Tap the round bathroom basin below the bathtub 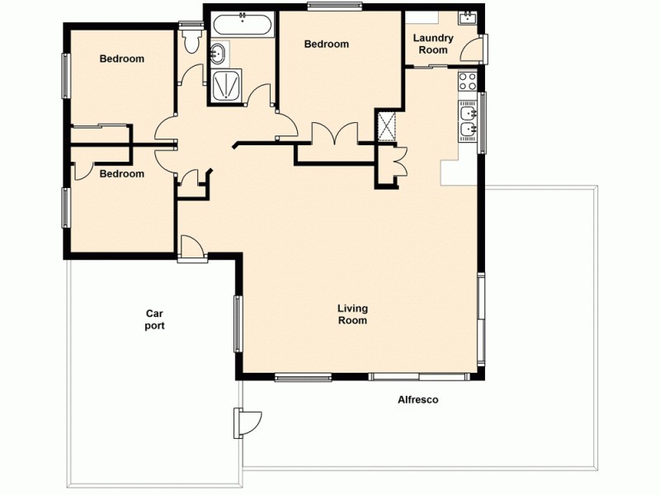(219, 54)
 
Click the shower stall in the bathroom (228, 86)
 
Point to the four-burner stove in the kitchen (468, 82)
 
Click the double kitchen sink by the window (467, 120)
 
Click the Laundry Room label (433, 44)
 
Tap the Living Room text (352, 314)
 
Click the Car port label (154, 319)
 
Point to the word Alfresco (417, 400)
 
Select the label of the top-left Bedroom (122, 59)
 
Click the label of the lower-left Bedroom (122, 174)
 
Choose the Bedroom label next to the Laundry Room (326, 45)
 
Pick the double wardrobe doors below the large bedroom (335, 134)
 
